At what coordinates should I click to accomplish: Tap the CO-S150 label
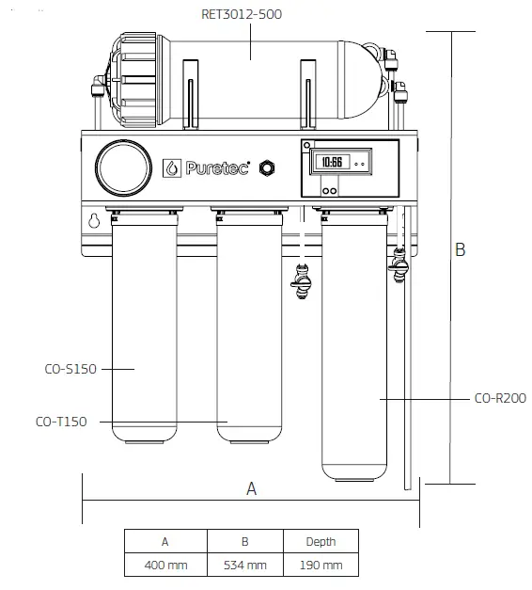coord(70,369)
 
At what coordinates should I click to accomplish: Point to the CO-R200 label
coord(500,398)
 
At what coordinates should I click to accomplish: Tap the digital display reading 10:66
coord(332,162)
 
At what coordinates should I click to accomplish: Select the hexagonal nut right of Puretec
coord(267,167)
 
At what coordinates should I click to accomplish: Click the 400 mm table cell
coord(164,566)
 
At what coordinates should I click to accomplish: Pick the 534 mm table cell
coord(245,566)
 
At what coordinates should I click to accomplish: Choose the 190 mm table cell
coord(320,566)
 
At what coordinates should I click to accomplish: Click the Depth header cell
coord(320,541)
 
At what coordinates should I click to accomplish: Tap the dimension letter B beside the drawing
coord(460,249)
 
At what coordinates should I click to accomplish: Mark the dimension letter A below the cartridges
coord(251,488)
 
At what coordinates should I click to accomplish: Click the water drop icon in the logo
coord(172,167)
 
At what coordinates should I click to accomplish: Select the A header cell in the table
coord(164,541)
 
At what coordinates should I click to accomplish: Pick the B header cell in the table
coord(245,541)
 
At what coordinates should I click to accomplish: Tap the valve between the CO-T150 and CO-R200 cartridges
coord(302,280)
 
